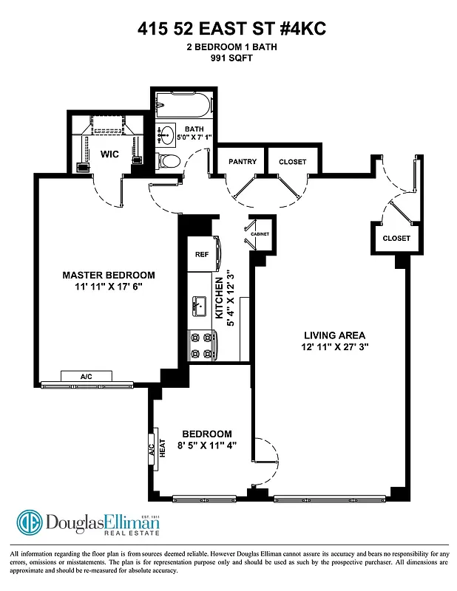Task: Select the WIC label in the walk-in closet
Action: pyautogui.click(x=110, y=155)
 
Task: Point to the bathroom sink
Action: pyautogui.click(x=167, y=135)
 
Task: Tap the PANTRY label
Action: pyautogui.click(x=243, y=162)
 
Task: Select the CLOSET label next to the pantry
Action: pyautogui.click(x=292, y=162)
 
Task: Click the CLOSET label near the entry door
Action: pyautogui.click(x=396, y=238)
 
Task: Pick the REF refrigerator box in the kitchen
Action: pyautogui.click(x=202, y=253)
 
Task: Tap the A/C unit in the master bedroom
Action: pyautogui.click(x=87, y=377)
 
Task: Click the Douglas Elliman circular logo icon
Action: pyautogui.click(x=30, y=523)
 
